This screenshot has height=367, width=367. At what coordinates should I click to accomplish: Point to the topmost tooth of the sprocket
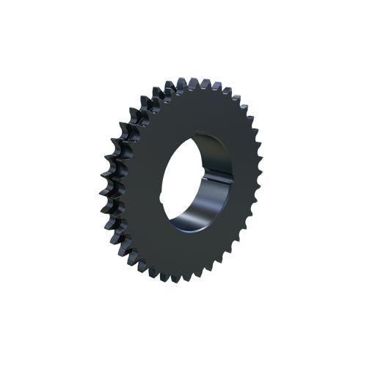pyautogui.click(x=197, y=81)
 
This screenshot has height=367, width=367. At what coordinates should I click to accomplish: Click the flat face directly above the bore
pyautogui.click(x=198, y=110)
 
